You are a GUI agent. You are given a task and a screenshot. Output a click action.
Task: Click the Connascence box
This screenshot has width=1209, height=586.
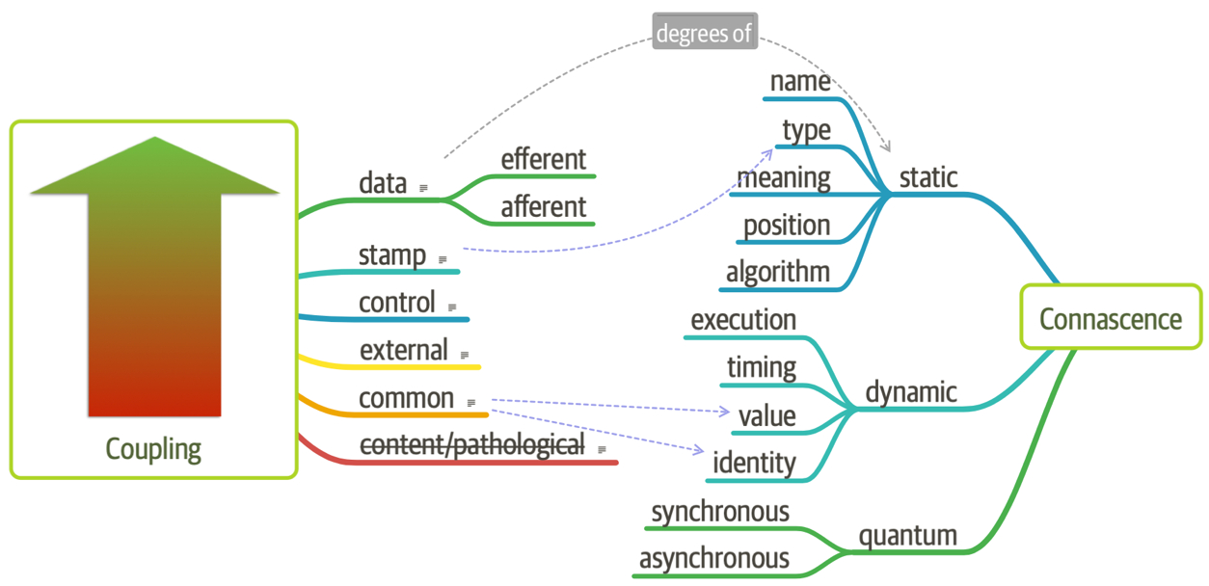pos(1111,317)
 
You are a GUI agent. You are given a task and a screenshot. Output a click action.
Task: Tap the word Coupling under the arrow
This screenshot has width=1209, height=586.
pos(153,448)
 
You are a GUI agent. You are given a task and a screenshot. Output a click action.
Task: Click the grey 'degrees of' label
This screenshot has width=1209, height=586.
pos(705,33)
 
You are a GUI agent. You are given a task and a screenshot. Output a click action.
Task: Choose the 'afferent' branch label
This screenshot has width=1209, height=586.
pos(543,206)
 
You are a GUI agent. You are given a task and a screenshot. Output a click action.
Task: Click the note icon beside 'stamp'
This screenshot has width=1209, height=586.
pos(443,259)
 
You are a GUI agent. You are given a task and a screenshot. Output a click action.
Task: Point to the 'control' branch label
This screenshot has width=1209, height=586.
pos(397,303)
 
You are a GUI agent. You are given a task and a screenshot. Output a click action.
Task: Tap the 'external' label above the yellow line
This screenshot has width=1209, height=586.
pos(403,350)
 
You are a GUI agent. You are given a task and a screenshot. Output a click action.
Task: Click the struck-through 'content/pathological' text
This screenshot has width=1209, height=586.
pos(471,444)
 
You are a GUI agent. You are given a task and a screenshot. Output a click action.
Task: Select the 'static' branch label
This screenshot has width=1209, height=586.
pos(927,177)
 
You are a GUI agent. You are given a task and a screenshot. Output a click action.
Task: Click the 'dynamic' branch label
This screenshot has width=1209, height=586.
pos(910,391)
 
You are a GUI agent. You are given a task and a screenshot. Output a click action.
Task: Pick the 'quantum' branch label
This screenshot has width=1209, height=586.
pos(907,535)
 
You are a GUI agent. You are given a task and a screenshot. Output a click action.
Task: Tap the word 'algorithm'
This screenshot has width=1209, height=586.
pos(777,272)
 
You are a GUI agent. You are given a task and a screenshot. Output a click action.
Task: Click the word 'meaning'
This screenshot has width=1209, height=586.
pos(783,177)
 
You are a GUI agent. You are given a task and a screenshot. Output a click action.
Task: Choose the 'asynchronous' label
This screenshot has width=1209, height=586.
pos(713,558)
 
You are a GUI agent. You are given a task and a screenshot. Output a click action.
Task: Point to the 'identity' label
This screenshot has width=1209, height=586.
pos(754,463)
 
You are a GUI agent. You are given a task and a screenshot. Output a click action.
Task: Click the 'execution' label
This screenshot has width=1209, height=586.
pos(743,319)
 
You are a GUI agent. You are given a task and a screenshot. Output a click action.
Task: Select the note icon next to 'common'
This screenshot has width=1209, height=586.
pos(471,403)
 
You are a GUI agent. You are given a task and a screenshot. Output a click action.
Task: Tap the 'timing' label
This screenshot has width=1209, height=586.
pos(762,367)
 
